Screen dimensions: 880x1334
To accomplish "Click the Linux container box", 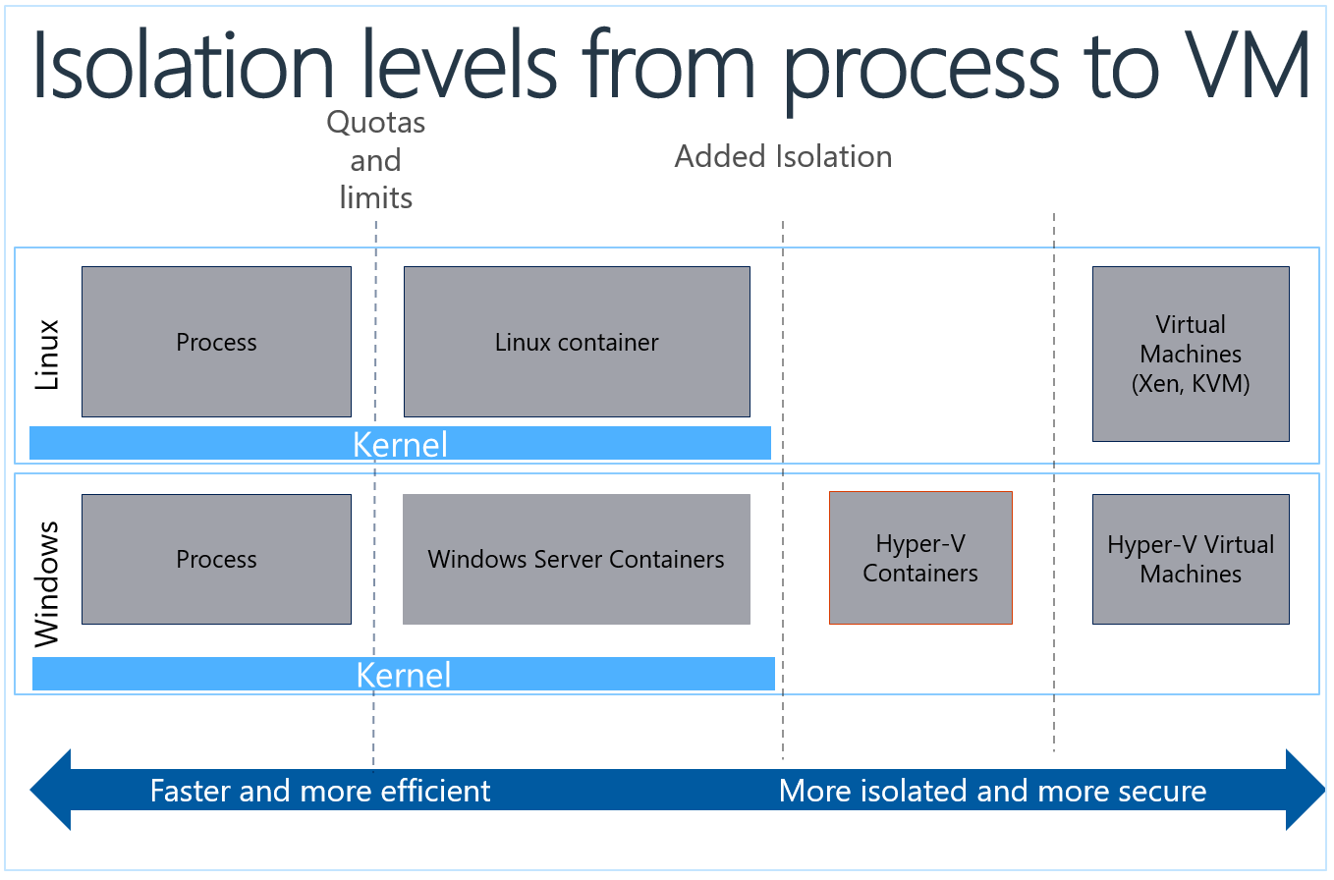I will (577, 342).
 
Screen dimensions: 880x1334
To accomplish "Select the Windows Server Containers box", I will (577, 559).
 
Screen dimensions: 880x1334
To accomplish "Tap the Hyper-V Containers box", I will (920, 558).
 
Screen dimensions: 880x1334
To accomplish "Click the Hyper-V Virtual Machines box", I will (1191, 559).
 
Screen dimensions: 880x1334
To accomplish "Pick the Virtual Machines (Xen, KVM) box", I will (1191, 354).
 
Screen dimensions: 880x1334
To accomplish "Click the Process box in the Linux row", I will (216, 342).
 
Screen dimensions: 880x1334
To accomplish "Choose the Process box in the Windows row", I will (216, 559).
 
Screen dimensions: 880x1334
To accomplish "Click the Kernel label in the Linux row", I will (400, 444).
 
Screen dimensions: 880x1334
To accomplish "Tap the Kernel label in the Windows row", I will (403, 675).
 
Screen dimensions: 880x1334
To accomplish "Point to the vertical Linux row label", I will (47, 355).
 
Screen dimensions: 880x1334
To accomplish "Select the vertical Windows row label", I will (47, 583).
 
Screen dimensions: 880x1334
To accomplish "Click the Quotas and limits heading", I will (375, 160).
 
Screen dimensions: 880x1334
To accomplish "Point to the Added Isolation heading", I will (783, 156).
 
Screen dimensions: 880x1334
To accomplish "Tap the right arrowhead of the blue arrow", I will (1305, 790).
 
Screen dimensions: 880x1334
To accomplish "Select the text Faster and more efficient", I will (319, 791).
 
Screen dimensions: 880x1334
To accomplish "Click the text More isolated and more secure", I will (992, 791).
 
